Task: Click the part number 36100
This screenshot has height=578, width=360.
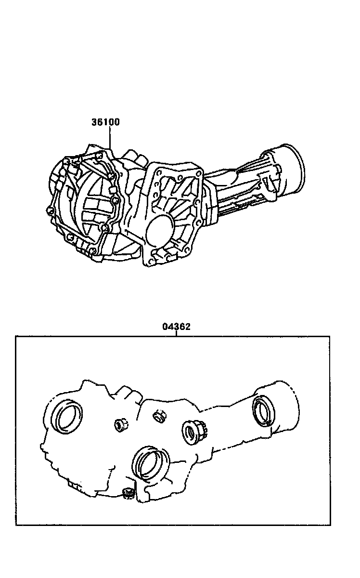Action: point(105,122)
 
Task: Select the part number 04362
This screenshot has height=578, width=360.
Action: point(176,327)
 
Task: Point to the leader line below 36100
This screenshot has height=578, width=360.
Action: point(110,137)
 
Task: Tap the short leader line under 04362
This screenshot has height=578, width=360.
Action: point(176,333)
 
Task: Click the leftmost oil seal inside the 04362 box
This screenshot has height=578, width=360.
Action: point(67,416)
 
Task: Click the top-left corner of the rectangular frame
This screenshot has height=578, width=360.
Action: point(16,336)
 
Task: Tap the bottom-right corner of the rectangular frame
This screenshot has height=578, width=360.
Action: point(330,525)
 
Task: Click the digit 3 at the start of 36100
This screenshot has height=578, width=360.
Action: point(94,122)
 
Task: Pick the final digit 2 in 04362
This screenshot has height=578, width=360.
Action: point(188,327)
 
